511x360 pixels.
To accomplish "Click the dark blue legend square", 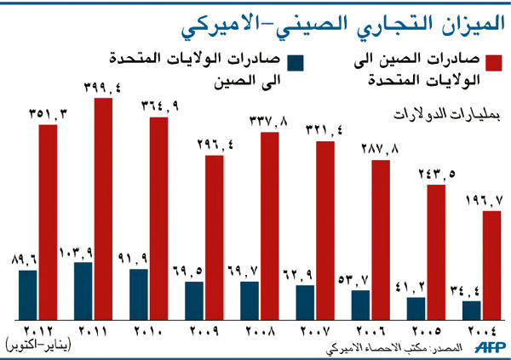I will click(296, 63).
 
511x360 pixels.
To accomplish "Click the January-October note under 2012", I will click(39, 345).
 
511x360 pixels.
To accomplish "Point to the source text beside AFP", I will click(393, 350).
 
